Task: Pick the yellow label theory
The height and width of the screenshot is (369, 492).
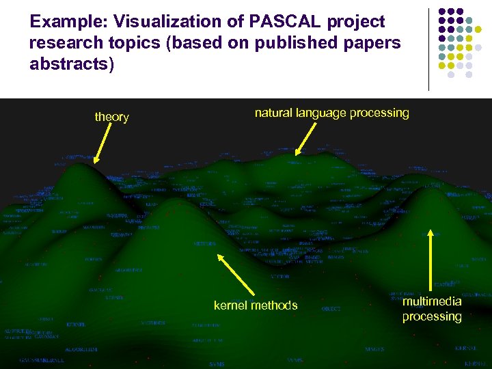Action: tap(111, 117)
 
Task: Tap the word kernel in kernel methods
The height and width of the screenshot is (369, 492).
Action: tap(231, 305)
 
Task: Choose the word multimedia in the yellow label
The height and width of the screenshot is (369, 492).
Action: tap(432, 301)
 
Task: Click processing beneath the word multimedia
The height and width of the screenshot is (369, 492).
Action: tap(432, 316)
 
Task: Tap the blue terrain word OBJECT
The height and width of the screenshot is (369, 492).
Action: tap(331, 309)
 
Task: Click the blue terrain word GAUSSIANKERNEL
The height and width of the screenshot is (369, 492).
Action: tap(42, 359)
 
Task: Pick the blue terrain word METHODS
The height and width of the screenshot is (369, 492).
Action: tap(204, 243)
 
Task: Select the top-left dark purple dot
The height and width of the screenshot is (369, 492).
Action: tap(442, 12)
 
